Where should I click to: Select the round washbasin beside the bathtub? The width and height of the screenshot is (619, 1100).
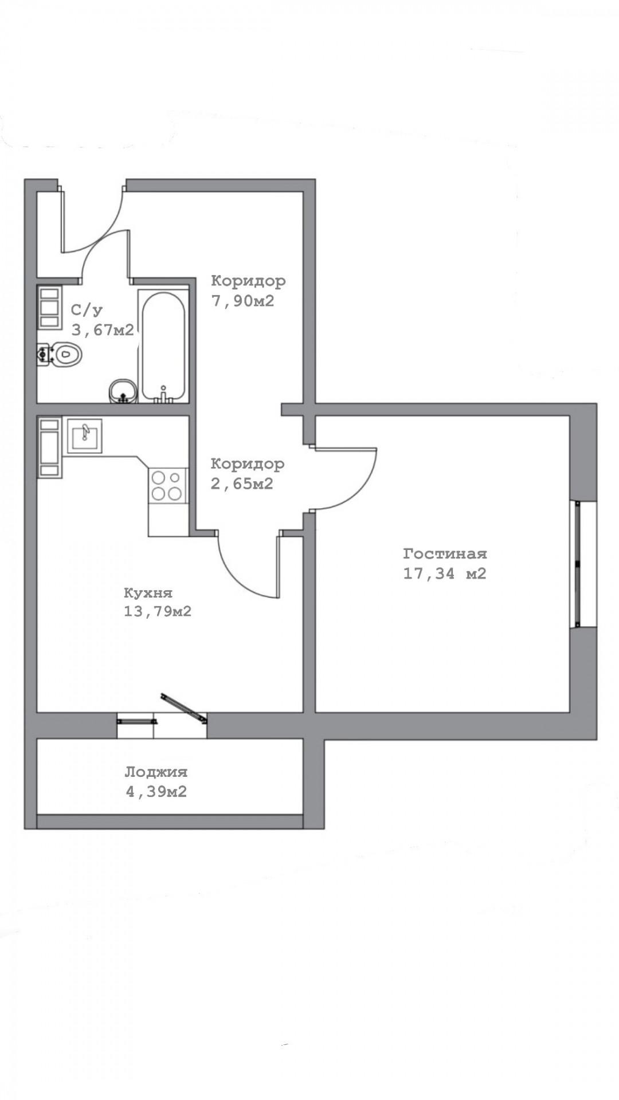coord(122,391)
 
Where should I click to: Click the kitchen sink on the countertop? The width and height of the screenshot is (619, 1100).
coord(84,435)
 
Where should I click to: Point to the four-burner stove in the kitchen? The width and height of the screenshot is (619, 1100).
coord(168,485)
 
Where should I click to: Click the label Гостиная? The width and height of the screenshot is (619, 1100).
coord(445,554)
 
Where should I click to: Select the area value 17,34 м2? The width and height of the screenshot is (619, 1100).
coord(445,573)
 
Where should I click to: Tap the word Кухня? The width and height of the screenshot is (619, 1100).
coord(148,592)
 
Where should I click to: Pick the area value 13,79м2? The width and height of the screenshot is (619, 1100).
coord(158,612)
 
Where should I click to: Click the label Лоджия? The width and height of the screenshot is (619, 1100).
coord(156,772)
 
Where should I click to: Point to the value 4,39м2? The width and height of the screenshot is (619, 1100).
coord(156,792)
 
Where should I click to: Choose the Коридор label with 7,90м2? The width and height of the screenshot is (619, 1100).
coord(248,281)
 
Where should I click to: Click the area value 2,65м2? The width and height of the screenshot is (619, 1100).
coord(242,484)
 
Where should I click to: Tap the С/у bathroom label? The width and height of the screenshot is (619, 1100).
coord(87,311)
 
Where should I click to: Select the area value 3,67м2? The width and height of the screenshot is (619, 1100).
coord(103,330)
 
